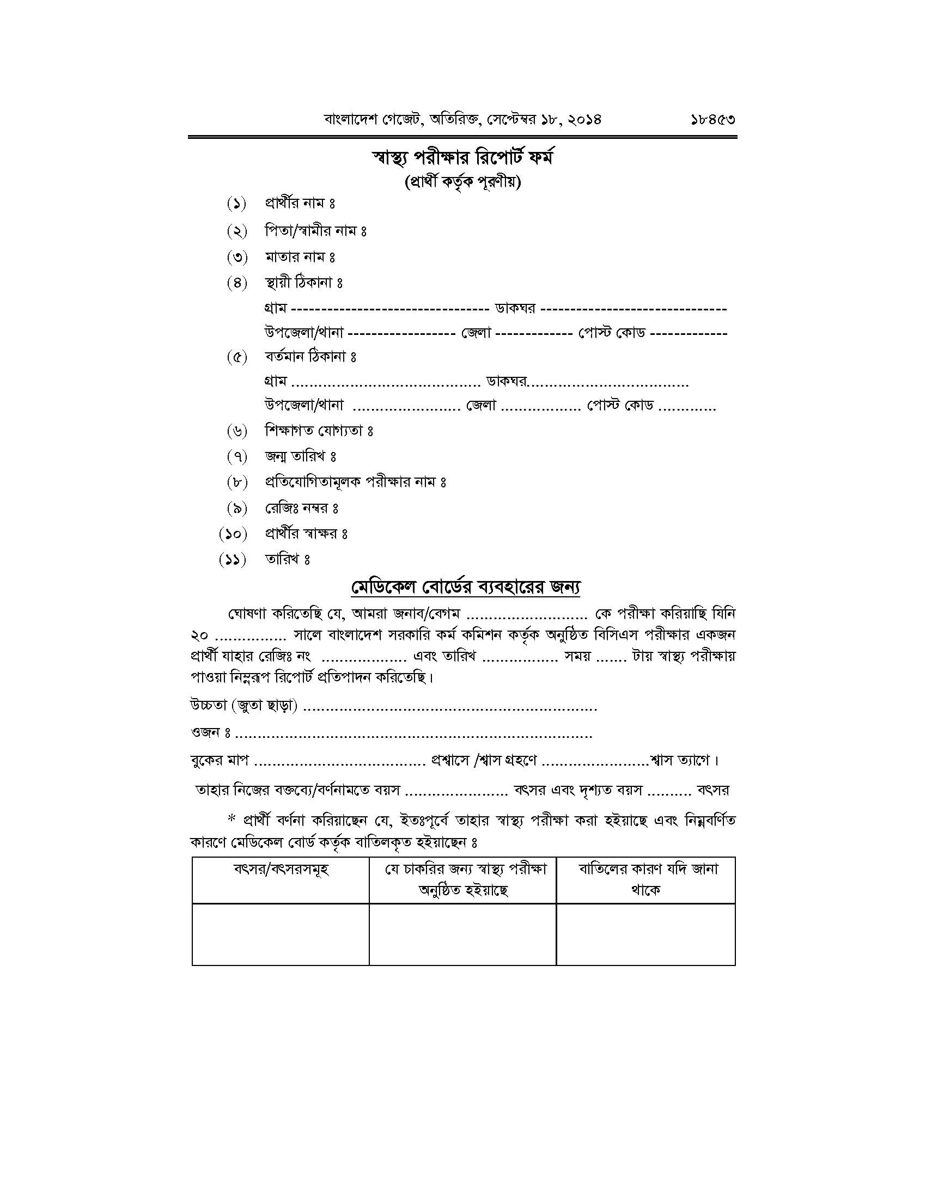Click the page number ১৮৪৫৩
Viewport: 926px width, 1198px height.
[x=712, y=119]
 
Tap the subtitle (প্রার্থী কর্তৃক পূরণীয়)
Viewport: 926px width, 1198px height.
[x=462, y=182]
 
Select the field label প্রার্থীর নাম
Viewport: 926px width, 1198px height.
[x=300, y=204]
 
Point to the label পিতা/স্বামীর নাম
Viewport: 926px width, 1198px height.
[x=315, y=231]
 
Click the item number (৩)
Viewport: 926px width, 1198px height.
[x=237, y=256]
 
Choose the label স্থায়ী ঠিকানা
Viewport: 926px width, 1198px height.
[x=303, y=283]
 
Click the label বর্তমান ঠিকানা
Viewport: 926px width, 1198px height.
[x=310, y=357]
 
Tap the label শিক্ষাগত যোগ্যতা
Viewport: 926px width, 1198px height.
[x=319, y=431]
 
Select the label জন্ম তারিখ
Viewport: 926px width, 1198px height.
[x=300, y=456]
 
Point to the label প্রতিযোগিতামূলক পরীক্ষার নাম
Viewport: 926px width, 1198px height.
[x=356, y=482]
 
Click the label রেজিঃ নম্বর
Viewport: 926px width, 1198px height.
[x=301, y=508]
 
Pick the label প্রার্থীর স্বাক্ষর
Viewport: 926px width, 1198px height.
[x=306, y=533]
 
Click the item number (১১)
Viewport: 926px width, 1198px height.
[x=233, y=559]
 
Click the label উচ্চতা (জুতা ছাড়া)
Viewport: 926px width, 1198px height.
[x=244, y=706]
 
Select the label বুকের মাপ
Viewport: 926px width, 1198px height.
[x=220, y=760]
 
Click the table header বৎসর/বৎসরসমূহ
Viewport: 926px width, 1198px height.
[x=281, y=870]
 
